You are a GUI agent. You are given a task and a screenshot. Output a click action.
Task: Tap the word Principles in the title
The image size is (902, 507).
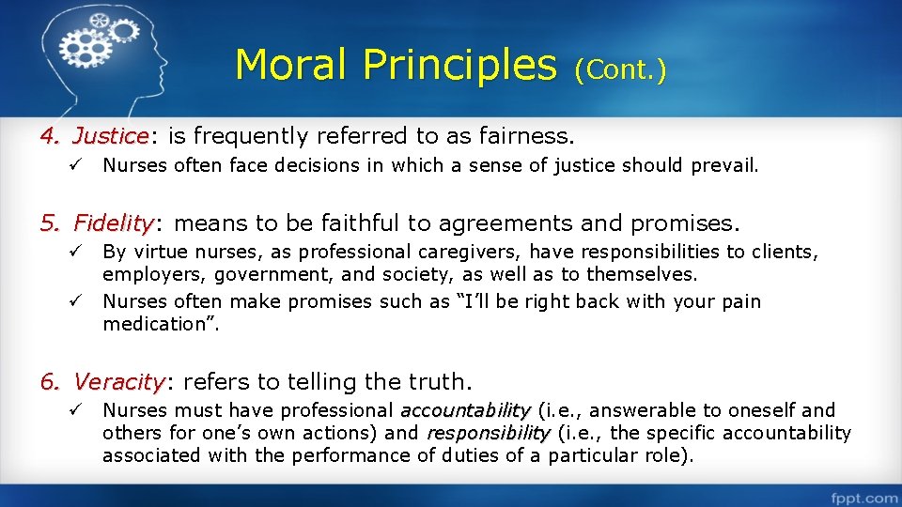[459, 65]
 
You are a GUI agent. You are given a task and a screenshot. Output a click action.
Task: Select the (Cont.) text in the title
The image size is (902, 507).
[620, 69]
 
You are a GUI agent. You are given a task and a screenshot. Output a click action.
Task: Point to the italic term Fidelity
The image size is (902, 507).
[113, 223]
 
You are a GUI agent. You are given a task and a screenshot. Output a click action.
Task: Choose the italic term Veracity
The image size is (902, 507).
[118, 382]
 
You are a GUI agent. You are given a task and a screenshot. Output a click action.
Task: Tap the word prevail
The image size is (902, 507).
[723, 166]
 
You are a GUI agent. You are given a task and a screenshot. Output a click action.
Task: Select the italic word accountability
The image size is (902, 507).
[465, 410]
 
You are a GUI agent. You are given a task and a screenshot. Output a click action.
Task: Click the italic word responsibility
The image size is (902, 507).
[488, 433]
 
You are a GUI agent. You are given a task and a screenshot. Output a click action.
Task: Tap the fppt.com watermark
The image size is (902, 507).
[862, 497]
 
